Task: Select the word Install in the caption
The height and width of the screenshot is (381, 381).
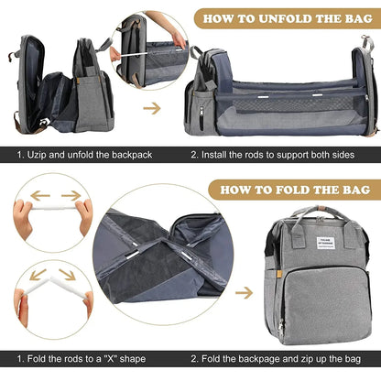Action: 221,156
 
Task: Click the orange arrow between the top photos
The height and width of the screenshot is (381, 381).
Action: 152,107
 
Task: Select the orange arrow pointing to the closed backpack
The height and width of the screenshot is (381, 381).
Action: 244,293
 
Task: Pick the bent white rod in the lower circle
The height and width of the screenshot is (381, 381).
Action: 51,288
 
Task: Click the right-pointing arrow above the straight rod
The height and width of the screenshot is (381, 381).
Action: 71,194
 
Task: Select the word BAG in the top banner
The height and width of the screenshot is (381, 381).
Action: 349,17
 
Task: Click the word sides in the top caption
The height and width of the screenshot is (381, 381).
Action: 361,156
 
